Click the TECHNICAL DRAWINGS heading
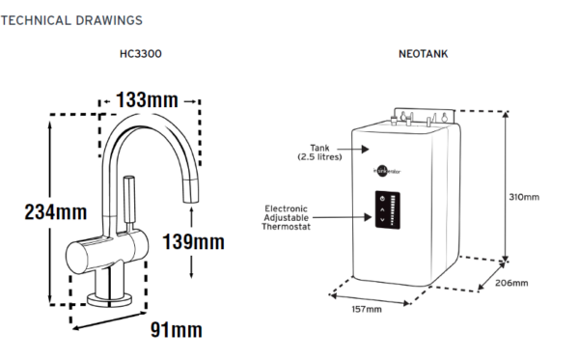pyautogui.click(x=72, y=19)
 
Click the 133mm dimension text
pyautogui.click(x=147, y=99)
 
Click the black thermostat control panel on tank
pyautogui.click(x=385, y=209)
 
